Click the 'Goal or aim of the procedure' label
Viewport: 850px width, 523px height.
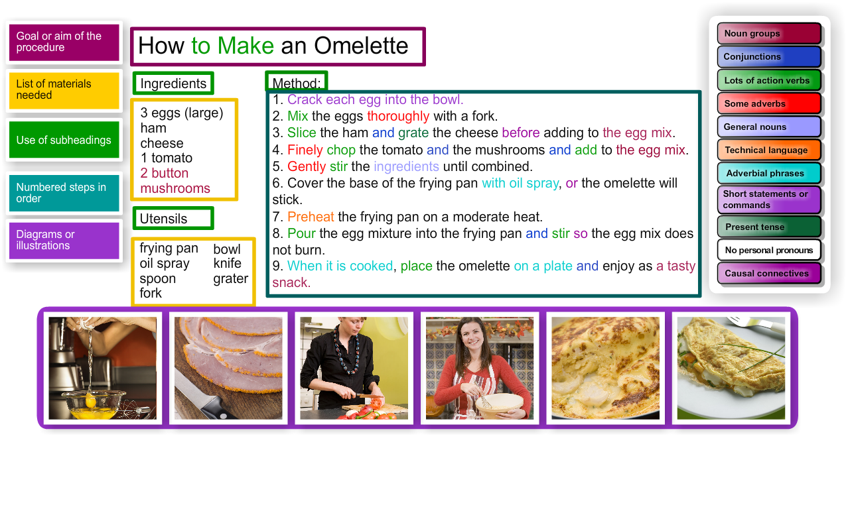64,42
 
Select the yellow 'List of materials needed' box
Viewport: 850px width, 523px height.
64,90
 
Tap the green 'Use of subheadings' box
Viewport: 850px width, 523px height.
64,139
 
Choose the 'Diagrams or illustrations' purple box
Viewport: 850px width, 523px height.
64,240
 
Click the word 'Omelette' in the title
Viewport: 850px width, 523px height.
361,46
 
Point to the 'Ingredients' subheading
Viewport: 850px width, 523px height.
173,84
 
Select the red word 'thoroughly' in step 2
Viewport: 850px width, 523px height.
398,116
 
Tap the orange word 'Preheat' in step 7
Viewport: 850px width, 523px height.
311,217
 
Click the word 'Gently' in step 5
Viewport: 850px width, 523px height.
307,167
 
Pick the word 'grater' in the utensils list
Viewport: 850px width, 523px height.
231,278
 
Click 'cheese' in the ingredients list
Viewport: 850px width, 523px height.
162,143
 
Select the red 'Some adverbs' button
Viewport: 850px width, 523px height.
769,103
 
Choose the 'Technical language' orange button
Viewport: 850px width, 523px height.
769,150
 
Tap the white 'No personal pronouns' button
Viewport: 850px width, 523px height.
769,250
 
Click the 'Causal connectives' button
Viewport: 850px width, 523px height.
769,273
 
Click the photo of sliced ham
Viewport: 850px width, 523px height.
228,368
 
